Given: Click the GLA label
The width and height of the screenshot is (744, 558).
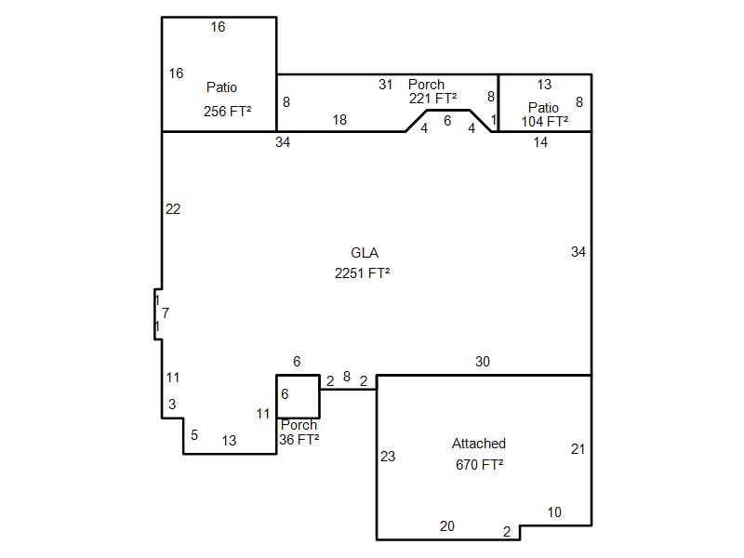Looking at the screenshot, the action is pos(365,252).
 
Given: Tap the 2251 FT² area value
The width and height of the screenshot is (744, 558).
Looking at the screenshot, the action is pos(362,273).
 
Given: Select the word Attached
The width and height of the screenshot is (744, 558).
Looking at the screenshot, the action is pos(478,444).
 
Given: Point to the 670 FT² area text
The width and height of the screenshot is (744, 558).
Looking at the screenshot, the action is pos(479,464).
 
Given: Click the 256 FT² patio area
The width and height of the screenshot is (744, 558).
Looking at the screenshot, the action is pos(227,112).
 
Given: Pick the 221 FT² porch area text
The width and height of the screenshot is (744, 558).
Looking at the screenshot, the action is pos(432,99).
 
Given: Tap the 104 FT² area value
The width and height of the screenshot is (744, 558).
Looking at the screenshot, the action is pos(545,122).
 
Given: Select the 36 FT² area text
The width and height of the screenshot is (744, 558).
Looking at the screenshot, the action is pos(299,439).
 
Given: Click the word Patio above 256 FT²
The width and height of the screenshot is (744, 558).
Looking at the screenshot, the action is pos(221,87).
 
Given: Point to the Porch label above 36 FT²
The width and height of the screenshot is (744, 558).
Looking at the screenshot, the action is pos(299,425).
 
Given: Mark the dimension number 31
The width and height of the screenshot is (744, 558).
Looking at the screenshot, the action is pos(386,85).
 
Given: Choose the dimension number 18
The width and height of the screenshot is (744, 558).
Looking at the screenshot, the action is pos(339,120).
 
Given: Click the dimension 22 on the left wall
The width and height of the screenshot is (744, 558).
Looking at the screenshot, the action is pos(173,209).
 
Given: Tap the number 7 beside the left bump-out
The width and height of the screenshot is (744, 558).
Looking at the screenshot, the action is pos(166,313).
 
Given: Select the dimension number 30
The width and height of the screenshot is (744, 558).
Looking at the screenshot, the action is pos(483,362).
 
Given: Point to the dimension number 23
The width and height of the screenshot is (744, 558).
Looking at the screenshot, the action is pos(388,457).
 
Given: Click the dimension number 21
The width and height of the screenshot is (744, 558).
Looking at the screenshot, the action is pos(578,449).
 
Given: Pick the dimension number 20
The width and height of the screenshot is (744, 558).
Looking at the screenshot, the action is pos(447,526).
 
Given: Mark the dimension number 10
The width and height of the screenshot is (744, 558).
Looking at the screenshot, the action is pos(554,512).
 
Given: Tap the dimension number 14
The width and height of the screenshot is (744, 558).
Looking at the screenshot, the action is pos(540,142).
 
